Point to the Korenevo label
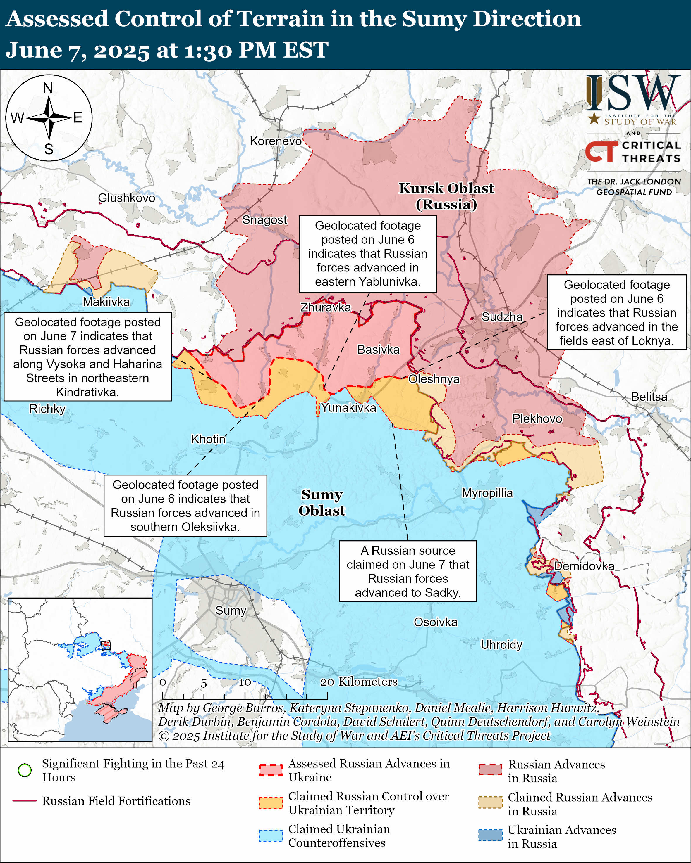(276, 141)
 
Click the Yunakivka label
(348, 408)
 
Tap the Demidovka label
(584, 566)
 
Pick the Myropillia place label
(487, 493)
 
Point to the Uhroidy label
(501, 645)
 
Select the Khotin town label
(208, 439)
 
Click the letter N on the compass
(48, 88)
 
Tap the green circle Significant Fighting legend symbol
(25, 770)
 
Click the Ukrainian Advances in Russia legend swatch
(490, 835)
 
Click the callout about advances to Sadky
(408, 571)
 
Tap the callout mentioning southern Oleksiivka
(185, 506)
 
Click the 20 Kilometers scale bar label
(359, 682)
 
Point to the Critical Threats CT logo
(601, 151)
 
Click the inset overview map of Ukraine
(80, 670)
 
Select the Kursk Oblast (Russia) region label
(446, 196)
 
